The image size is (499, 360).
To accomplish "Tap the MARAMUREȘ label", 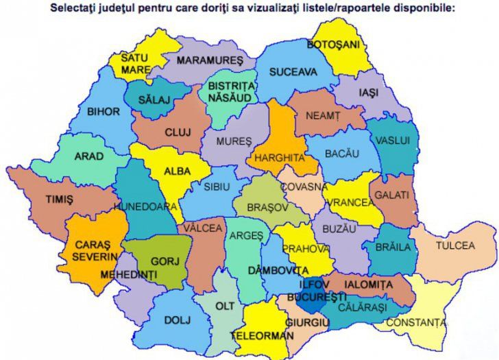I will (x=210, y=60).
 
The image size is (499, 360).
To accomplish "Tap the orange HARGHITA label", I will (x=279, y=158).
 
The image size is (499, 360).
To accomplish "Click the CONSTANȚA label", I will (x=415, y=322).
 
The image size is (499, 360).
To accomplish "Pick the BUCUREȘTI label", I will (x=317, y=297).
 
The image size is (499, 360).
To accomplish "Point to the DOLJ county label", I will (x=176, y=320).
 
